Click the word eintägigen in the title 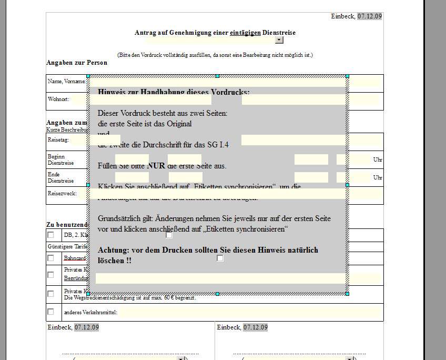click(x=245, y=33)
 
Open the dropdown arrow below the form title click(x=279, y=40)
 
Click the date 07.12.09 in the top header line click(x=370, y=16)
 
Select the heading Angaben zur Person click(x=77, y=63)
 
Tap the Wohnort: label click(x=58, y=99)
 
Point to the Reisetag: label click(x=58, y=141)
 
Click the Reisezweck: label click(x=62, y=193)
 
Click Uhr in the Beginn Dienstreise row click(x=378, y=159)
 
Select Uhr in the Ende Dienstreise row click(x=378, y=177)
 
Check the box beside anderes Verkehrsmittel click(x=50, y=312)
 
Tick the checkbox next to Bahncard click(x=50, y=258)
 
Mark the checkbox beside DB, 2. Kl click(x=50, y=235)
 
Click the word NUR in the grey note click(x=156, y=166)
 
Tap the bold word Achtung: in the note click(x=114, y=250)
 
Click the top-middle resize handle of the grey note click(x=217, y=76)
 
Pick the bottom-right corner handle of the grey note click(x=347, y=294)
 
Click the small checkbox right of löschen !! click(x=220, y=258)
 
